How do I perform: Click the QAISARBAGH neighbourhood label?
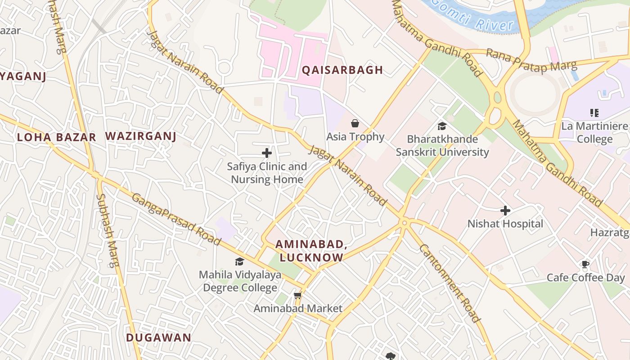pos(342,70)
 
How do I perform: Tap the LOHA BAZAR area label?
pos(56,137)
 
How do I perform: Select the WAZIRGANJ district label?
pos(140,136)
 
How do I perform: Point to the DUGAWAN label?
pos(158,337)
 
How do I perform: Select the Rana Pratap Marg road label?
pos(531,61)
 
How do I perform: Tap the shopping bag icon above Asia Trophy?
pos(355,123)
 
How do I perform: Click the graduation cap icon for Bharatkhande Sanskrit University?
pos(442,126)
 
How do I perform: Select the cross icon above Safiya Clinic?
pos(267,153)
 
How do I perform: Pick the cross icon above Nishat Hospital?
pos(505,210)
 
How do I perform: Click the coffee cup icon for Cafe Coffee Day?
pos(585,264)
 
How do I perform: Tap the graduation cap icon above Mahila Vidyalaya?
pos(239,261)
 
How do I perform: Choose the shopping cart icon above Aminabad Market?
pos(297,296)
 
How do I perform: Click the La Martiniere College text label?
pos(594,132)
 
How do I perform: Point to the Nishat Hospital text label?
pos(505,224)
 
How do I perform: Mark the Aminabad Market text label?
pos(298,308)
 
